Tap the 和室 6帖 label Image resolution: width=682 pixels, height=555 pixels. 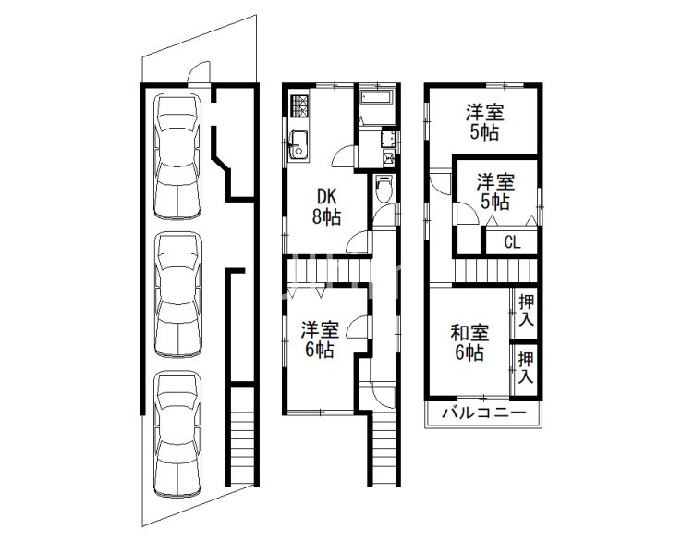pos(469,342)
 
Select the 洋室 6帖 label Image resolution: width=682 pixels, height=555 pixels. pos(319,339)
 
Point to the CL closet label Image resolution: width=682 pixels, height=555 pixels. pos(512,243)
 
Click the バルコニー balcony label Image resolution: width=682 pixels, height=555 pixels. pos(481,413)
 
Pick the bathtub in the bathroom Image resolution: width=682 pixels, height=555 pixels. pos(377,98)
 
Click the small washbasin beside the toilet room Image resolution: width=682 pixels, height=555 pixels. pos(388,160)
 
